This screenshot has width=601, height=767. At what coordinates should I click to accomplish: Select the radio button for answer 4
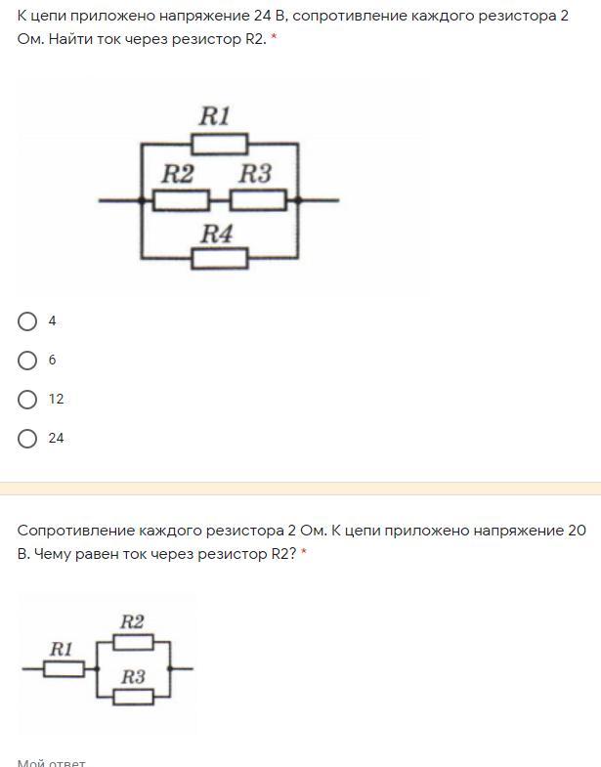click(x=28, y=321)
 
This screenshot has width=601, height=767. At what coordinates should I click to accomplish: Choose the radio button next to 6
click(x=28, y=361)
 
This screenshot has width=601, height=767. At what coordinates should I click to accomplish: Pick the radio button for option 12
click(x=28, y=400)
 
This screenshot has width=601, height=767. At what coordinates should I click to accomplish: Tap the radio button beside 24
click(x=28, y=439)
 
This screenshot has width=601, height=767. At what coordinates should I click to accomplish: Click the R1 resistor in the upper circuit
click(x=219, y=145)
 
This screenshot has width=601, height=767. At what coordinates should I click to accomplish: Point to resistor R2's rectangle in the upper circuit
click(x=182, y=200)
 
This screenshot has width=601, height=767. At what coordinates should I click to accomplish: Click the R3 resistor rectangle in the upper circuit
click(x=258, y=200)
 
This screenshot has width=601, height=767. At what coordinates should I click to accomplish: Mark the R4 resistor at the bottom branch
click(x=219, y=258)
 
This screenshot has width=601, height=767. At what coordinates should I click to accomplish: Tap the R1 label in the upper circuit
click(x=214, y=116)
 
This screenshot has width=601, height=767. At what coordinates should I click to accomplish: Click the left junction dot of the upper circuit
click(x=142, y=200)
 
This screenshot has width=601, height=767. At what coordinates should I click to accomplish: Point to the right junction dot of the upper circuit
click(x=298, y=200)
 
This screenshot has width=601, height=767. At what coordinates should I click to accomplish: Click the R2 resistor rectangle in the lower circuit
click(x=134, y=642)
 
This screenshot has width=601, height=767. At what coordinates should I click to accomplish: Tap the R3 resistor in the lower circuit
click(x=134, y=697)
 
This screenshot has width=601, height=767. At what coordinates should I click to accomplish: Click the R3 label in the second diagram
click(x=133, y=676)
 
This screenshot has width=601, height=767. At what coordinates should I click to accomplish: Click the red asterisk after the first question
click(x=274, y=41)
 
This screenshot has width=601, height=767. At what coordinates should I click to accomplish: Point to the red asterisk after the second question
click(x=304, y=554)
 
